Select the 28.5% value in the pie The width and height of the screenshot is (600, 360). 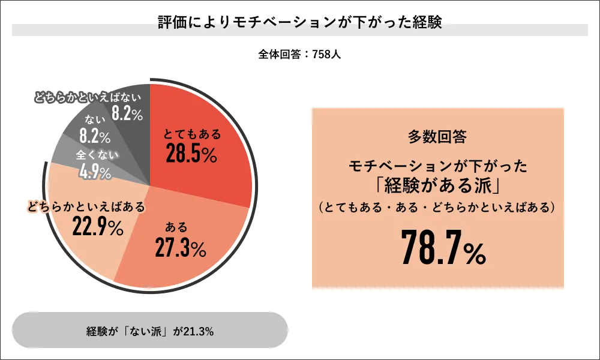191,154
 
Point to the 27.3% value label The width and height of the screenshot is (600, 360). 180,247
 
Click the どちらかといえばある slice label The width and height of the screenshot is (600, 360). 86,208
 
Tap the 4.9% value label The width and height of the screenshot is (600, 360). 95,173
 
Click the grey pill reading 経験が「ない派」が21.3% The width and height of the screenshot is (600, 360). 150,331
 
